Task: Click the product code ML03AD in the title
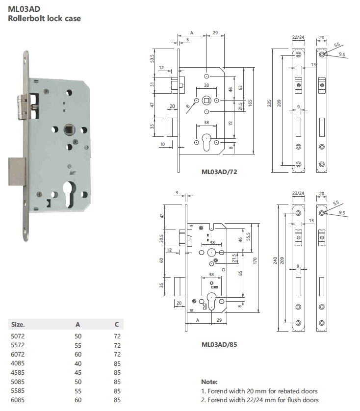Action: click(x=24, y=9)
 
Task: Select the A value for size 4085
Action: click(x=78, y=363)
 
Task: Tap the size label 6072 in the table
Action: click(x=18, y=355)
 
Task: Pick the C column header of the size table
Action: click(x=117, y=325)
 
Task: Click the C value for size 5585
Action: click(x=117, y=391)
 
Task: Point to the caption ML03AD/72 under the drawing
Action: click(x=219, y=172)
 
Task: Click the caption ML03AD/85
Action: click(x=219, y=344)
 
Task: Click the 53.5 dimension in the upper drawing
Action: click(x=152, y=58)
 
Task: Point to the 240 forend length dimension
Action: click(x=275, y=260)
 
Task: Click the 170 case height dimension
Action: click(x=255, y=260)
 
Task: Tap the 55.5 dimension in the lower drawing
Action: click(x=248, y=237)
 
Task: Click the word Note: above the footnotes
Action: click(x=209, y=382)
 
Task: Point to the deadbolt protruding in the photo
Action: click(x=17, y=172)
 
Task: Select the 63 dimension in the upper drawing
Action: click(x=240, y=88)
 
